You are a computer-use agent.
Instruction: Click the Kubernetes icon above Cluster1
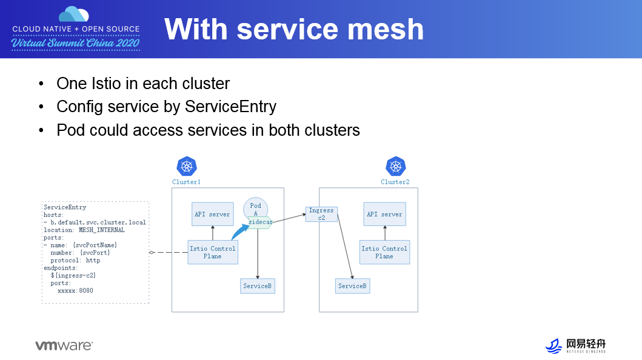187,166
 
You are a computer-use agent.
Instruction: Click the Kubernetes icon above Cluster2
396,166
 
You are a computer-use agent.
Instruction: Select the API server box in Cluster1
212,214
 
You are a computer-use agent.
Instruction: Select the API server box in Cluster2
384,214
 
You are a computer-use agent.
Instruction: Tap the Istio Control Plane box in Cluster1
212,252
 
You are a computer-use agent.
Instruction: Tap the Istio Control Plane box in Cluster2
384,252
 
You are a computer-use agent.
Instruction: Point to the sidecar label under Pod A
260,222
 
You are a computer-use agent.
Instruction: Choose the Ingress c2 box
321,214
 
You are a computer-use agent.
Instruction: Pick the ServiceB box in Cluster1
258,285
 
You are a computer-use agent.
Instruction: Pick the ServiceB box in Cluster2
352,285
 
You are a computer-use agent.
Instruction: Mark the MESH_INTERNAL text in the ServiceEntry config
101,230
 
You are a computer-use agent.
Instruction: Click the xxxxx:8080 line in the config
75,290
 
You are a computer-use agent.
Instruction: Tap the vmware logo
64,345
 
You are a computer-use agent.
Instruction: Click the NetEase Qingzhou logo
575,345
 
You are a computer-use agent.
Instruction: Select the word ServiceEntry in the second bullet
230,107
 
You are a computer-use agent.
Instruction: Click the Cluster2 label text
395,182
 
